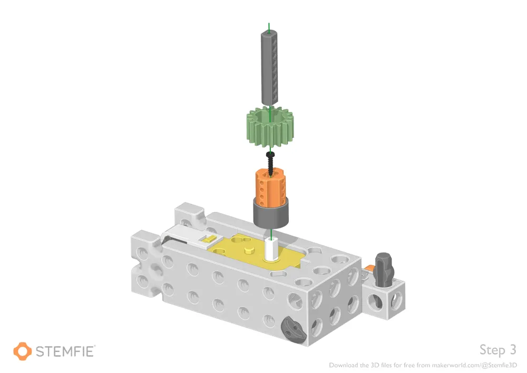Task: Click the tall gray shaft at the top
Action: point(271,68)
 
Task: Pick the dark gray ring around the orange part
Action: point(270,214)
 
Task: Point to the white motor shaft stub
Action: point(271,248)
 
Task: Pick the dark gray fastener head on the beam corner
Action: point(293,330)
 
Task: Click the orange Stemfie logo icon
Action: point(22,351)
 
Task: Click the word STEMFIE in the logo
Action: point(65,351)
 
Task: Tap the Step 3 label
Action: point(497,349)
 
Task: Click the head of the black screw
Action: point(271,154)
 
